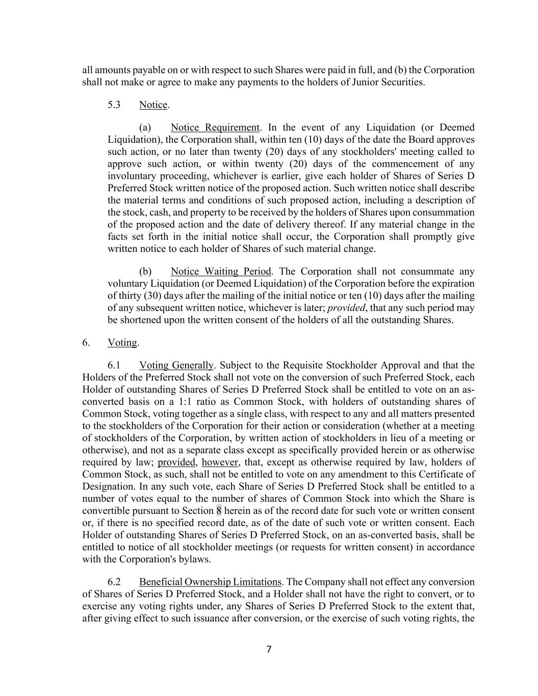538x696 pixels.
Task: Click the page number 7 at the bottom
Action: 269,649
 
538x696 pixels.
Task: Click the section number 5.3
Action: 114,105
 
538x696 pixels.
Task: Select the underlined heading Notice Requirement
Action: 215,127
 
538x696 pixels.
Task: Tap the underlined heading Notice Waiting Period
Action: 221,271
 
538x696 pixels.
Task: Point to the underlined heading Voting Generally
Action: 176,365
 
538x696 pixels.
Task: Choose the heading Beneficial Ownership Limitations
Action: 210,582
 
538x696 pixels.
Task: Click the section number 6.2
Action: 114,582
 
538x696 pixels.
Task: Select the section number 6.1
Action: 114,365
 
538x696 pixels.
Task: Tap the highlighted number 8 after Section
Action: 219,510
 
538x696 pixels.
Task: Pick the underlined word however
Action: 220,462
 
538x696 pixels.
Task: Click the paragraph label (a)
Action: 145,127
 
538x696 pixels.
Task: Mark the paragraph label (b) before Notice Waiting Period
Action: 145,271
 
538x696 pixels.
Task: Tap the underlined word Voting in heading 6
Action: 122,343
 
